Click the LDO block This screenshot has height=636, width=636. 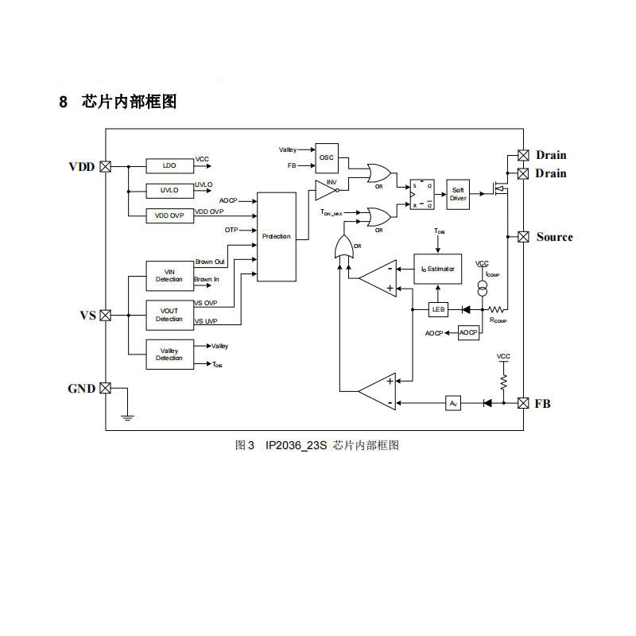coord(169,165)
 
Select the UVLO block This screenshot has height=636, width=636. coord(169,191)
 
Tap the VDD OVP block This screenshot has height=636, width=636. coord(169,215)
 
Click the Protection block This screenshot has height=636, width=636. coord(276,236)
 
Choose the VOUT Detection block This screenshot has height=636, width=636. coord(169,315)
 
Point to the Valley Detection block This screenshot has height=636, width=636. coord(169,354)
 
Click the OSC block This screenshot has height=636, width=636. coord(327,158)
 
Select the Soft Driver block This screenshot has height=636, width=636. coord(458,194)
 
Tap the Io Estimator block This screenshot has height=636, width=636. coord(437,269)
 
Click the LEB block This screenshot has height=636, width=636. coord(438,309)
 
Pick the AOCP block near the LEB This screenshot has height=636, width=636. coord(469,332)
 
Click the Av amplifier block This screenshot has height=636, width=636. coord(453,403)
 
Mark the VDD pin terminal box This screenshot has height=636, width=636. coord(104,167)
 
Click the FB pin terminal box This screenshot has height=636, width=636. coord(523,403)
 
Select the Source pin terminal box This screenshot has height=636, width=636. coord(523,236)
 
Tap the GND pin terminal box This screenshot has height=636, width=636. coord(104,389)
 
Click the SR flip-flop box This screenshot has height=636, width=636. coord(422,194)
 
